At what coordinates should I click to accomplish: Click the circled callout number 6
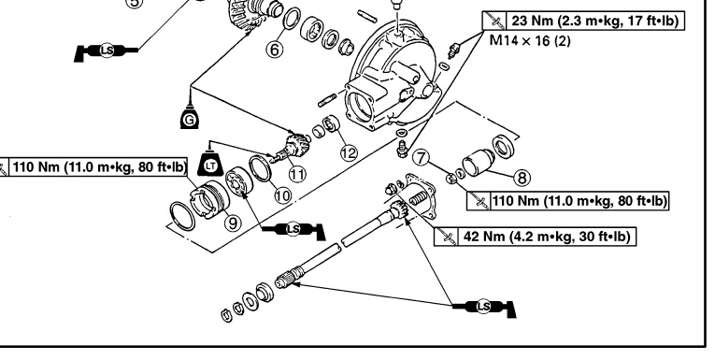tap(274, 49)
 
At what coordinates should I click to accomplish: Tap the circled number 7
tap(422, 158)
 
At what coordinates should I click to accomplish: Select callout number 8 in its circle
tap(522, 178)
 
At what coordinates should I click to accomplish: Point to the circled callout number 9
tap(233, 223)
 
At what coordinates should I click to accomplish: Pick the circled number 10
tap(282, 195)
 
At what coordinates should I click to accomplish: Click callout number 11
tap(297, 174)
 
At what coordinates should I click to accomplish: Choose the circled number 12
tap(349, 152)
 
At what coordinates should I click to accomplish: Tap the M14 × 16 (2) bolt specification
tap(530, 40)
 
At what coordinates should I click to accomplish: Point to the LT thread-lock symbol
tap(210, 165)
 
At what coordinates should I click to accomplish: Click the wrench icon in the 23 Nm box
tap(493, 21)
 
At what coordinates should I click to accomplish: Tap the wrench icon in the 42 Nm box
tap(446, 237)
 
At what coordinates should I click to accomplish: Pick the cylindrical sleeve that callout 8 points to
tap(478, 163)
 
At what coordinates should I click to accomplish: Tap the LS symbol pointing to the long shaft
tap(484, 307)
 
